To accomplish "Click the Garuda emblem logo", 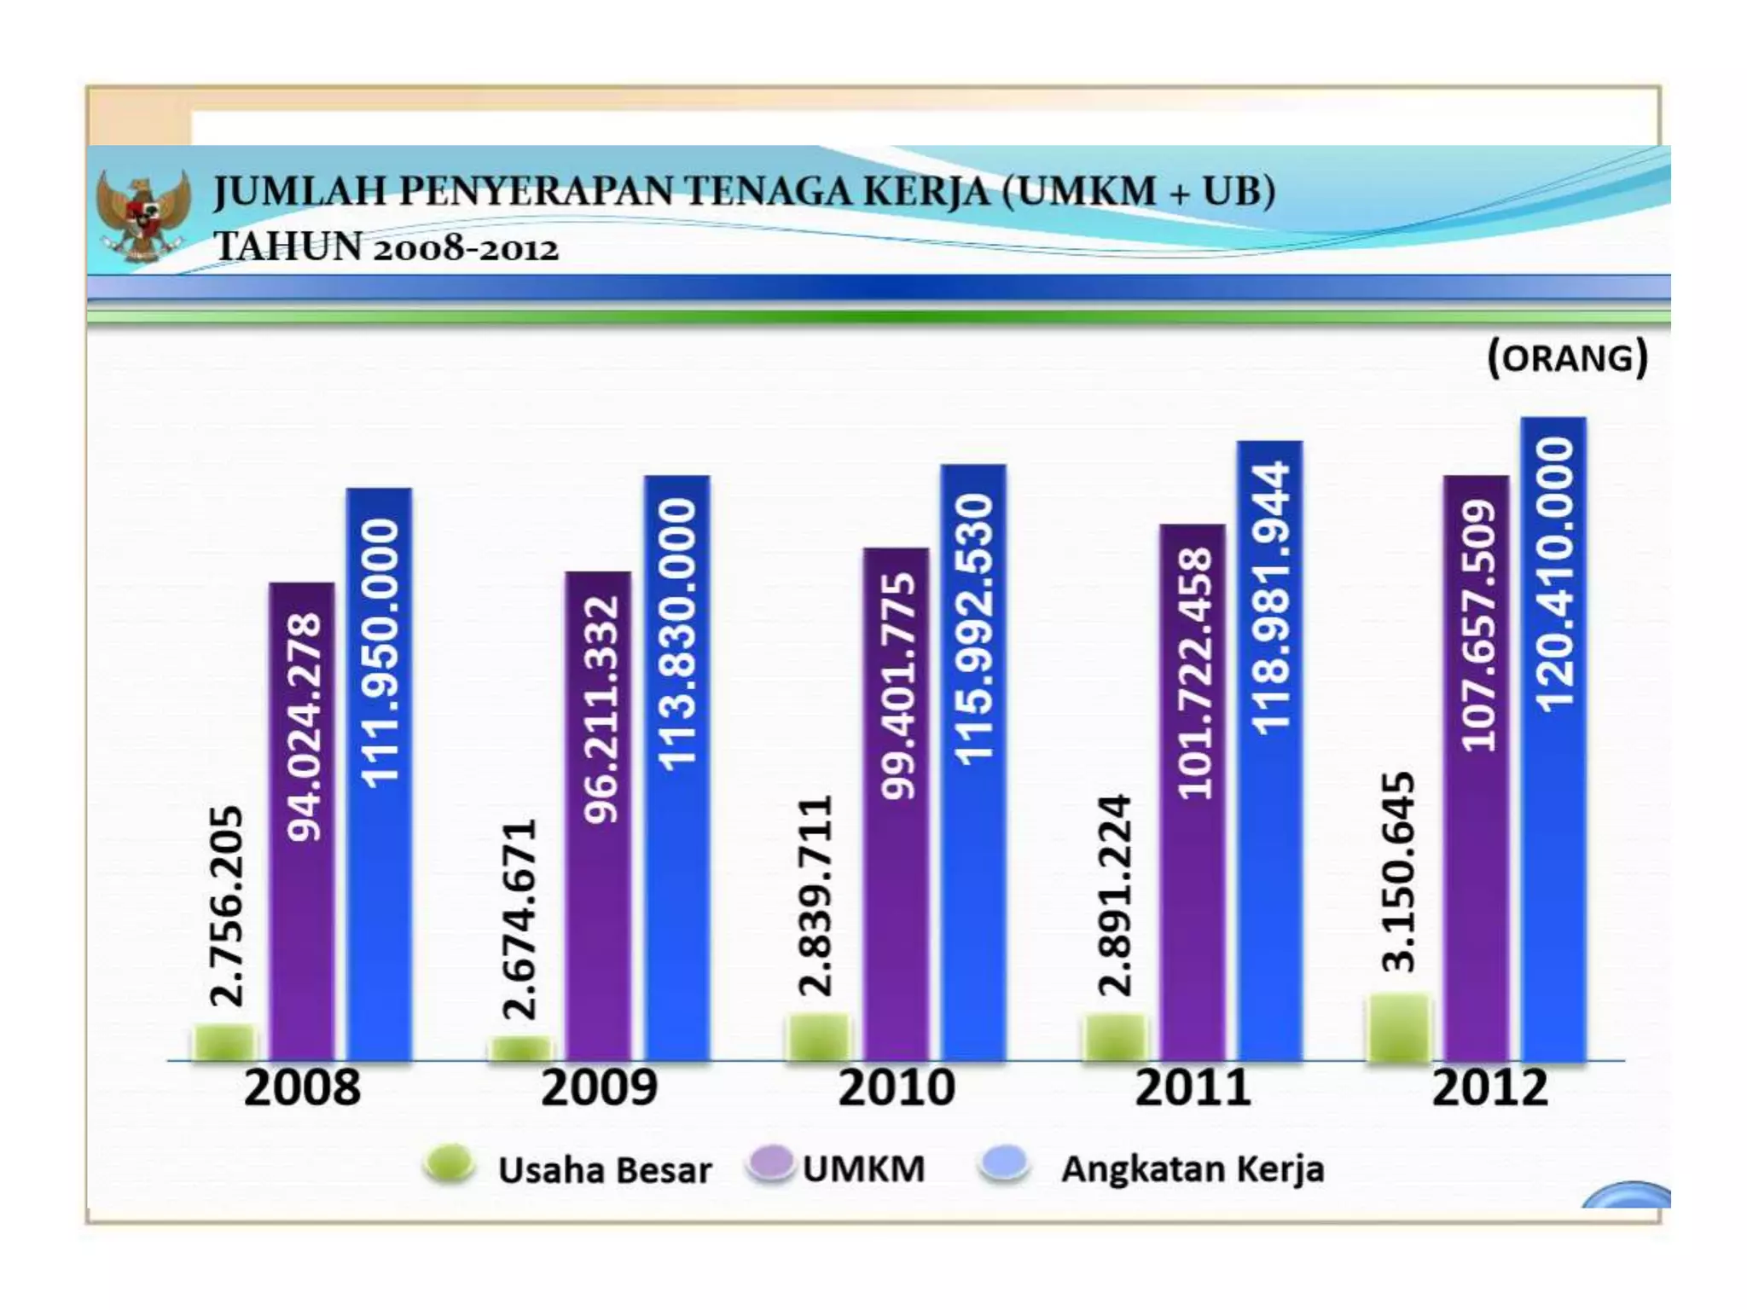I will [142, 213].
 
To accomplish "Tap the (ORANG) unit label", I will [1567, 357].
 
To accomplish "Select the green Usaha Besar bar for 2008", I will [224, 1042].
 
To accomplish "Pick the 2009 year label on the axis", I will [599, 1088].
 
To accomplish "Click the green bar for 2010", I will [818, 1037].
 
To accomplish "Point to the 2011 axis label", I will [1193, 1088].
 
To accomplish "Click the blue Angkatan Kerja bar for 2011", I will [1270, 896].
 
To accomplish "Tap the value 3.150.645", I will [1398, 872].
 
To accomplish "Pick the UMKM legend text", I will [863, 1168].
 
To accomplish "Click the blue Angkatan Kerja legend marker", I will [1004, 1164].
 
